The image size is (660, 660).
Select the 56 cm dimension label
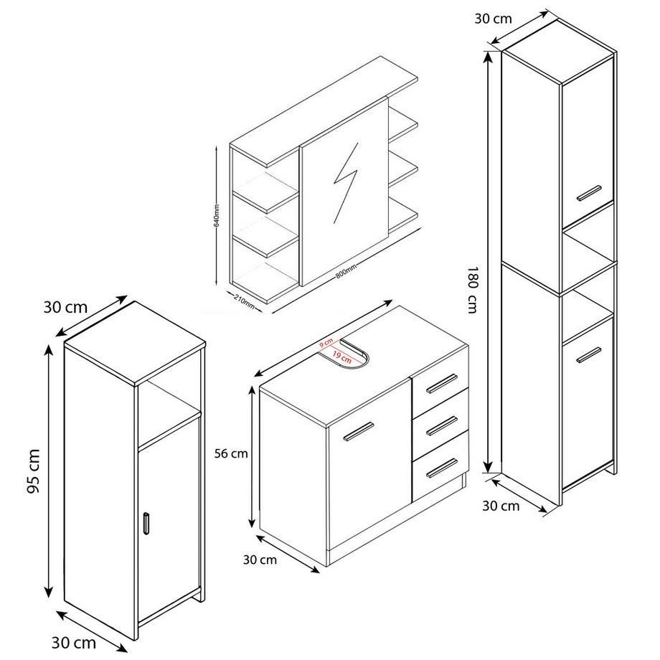tap(231, 453)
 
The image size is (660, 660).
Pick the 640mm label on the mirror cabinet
tap(216, 213)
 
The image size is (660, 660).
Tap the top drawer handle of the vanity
tap(440, 384)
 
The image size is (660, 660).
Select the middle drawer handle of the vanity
tap(440, 425)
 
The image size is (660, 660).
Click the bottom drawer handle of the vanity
tap(440, 466)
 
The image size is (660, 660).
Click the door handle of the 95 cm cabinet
tap(146, 524)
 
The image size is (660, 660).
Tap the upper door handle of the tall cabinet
tap(588, 192)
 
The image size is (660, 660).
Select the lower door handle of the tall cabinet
tap(588, 354)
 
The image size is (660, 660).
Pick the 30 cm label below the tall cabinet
tap(501, 506)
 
